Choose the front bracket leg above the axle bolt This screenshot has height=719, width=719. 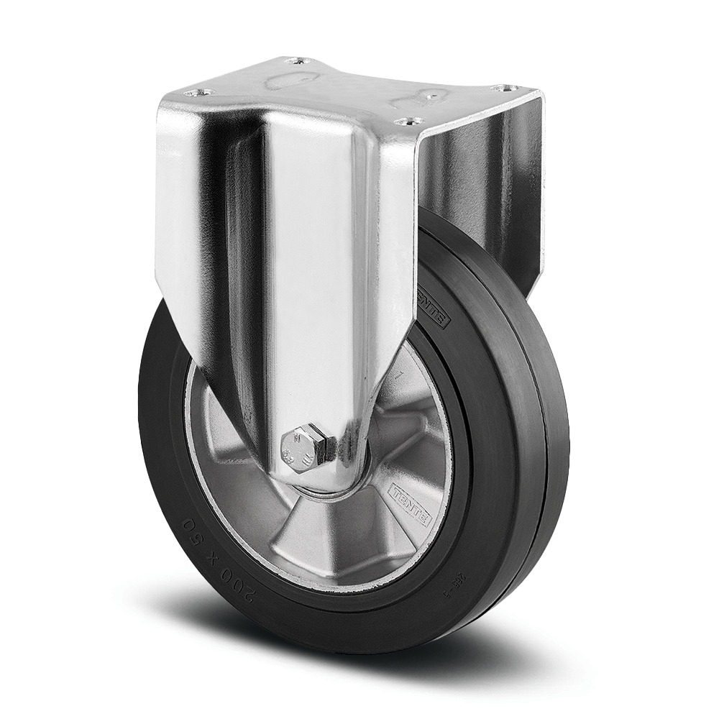(x=316, y=288)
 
